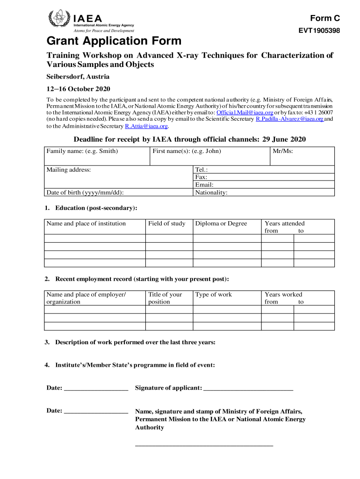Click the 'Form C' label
pos(325,18)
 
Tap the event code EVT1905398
pos(319,31)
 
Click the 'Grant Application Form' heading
pos(114,41)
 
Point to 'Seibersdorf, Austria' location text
pos(78,76)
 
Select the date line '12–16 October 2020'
pos(78,89)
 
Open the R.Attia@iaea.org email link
pos(146,126)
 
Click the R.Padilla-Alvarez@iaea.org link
pos(289,119)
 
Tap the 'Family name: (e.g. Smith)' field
pos(82,151)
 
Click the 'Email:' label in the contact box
pos(204,185)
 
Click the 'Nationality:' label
pos(211,192)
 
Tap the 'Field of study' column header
pos(166,224)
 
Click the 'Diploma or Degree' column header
pos(221,224)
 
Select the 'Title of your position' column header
pos(165,298)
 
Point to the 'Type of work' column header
pos(213,295)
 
